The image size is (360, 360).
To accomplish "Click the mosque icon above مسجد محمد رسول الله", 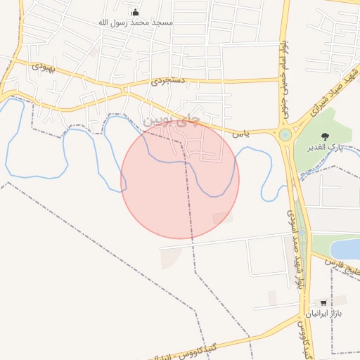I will pos(135,12).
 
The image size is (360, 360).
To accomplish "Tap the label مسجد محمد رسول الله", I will pos(135,22).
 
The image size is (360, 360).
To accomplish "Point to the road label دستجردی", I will pos(167,82).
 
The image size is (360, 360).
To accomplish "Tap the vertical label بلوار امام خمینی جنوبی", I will pos(281,77).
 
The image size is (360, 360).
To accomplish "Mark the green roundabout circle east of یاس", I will pos(285,134).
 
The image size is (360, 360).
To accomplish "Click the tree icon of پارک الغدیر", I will pos(324,136).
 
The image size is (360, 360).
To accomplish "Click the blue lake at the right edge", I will pos(347,249).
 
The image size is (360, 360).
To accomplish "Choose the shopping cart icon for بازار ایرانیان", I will pos(323,303).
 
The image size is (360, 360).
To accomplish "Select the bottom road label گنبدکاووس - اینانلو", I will pos(211,347).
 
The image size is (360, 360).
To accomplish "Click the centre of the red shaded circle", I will pos(180,180).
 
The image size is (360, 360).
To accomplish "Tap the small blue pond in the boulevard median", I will pos(302,231).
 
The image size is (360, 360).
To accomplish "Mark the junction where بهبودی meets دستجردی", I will pos(125,89).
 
